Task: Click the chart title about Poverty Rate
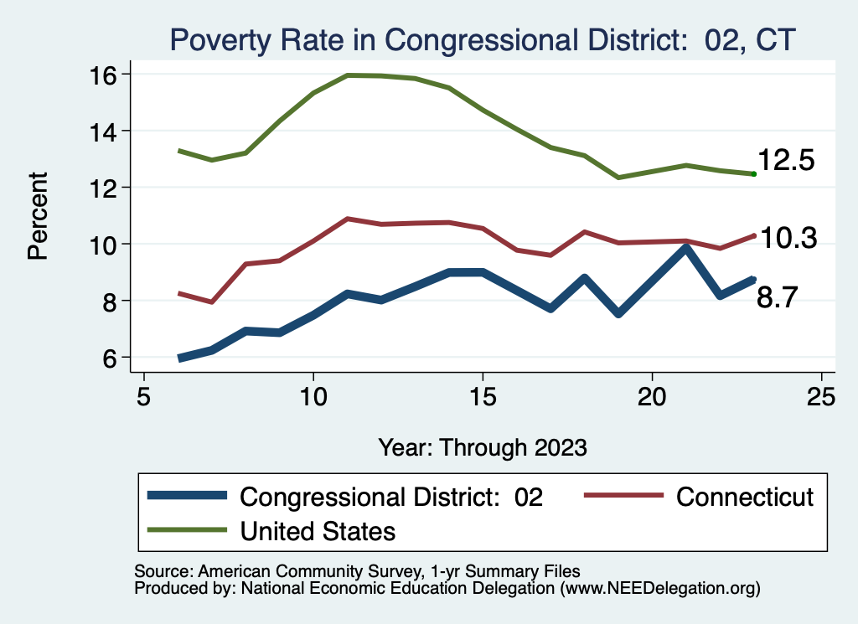click(x=481, y=39)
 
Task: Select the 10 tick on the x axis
click(x=313, y=395)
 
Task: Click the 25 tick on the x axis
click(x=822, y=395)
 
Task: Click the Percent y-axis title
click(x=38, y=215)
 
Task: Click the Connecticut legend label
click(x=744, y=497)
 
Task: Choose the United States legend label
click(x=318, y=531)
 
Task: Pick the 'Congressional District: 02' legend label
click(x=391, y=497)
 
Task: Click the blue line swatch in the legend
click(x=187, y=496)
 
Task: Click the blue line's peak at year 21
click(x=686, y=248)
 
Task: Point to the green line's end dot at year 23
click(x=754, y=173)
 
